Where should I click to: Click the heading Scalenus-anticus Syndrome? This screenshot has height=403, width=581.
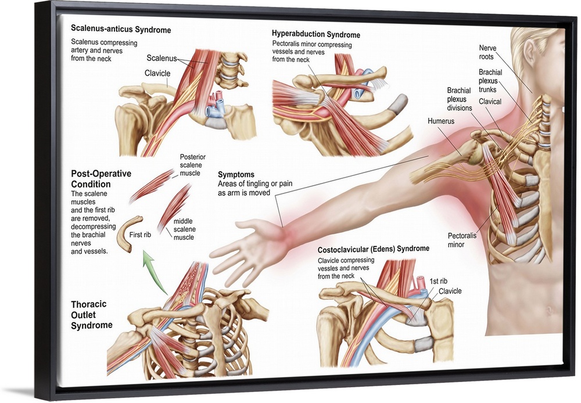coord(121,28)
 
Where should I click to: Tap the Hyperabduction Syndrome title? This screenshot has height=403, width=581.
coord(315,35)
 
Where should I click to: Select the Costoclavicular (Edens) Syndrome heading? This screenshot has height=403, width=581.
coord(373,249)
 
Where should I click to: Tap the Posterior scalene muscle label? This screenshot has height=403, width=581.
coord(192,165)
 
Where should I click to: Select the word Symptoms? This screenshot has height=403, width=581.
coord(236,174)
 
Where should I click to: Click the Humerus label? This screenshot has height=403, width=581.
coord(440,121)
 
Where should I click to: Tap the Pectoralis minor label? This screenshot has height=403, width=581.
coord(462,240)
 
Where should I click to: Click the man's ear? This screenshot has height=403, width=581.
coord(529,51)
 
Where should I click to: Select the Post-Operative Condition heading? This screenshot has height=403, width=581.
coord(101,179)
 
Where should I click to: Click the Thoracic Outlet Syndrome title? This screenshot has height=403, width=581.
coord(91,314)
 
